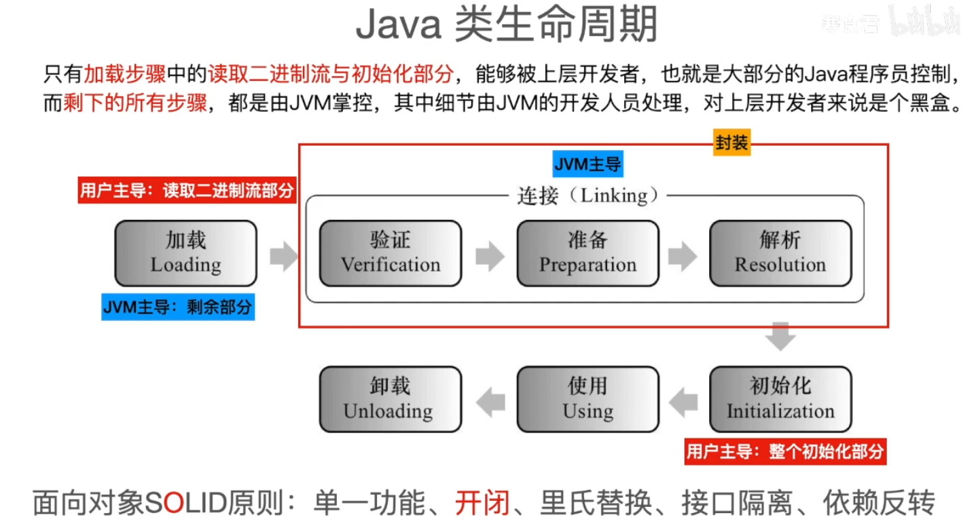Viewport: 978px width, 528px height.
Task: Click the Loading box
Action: click(x=185, y=253)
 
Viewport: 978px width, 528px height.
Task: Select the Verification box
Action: click(x=391, y=253)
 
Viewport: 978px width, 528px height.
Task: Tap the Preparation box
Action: click(x=587, y=253)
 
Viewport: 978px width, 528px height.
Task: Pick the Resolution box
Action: click(x=780, y=253)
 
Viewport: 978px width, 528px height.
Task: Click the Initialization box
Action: click(x=780, y=399)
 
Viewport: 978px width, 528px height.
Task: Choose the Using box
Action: click(x=587, y=399)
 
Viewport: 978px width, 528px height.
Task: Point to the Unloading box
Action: click(x=391, y=399)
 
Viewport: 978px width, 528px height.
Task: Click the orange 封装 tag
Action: click(x=731, y=143)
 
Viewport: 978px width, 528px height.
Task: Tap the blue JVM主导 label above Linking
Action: click(x=587, y=164)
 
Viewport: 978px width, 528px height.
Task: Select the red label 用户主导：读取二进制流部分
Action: click(x=187, y=190)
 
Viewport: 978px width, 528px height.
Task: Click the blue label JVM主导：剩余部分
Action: click(x=178, y=307)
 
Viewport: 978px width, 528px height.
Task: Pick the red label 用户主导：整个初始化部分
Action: click(x=785, y=451)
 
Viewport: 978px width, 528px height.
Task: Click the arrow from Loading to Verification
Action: click(x=284, y=256)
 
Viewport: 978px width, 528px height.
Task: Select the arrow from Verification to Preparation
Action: click(x=490, y=256)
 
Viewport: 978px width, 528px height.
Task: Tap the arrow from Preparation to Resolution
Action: click(x=683, y=256)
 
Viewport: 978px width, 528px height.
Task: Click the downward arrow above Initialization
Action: click(x=780, y=337)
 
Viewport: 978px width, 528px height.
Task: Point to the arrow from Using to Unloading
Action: click(x=490, y=402)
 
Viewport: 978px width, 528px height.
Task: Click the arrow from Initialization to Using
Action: click(x=683, y=402)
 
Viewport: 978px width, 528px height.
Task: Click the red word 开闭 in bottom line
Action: click(x=482, y=503)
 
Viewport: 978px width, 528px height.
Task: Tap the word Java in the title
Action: click(x=399, y=24)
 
